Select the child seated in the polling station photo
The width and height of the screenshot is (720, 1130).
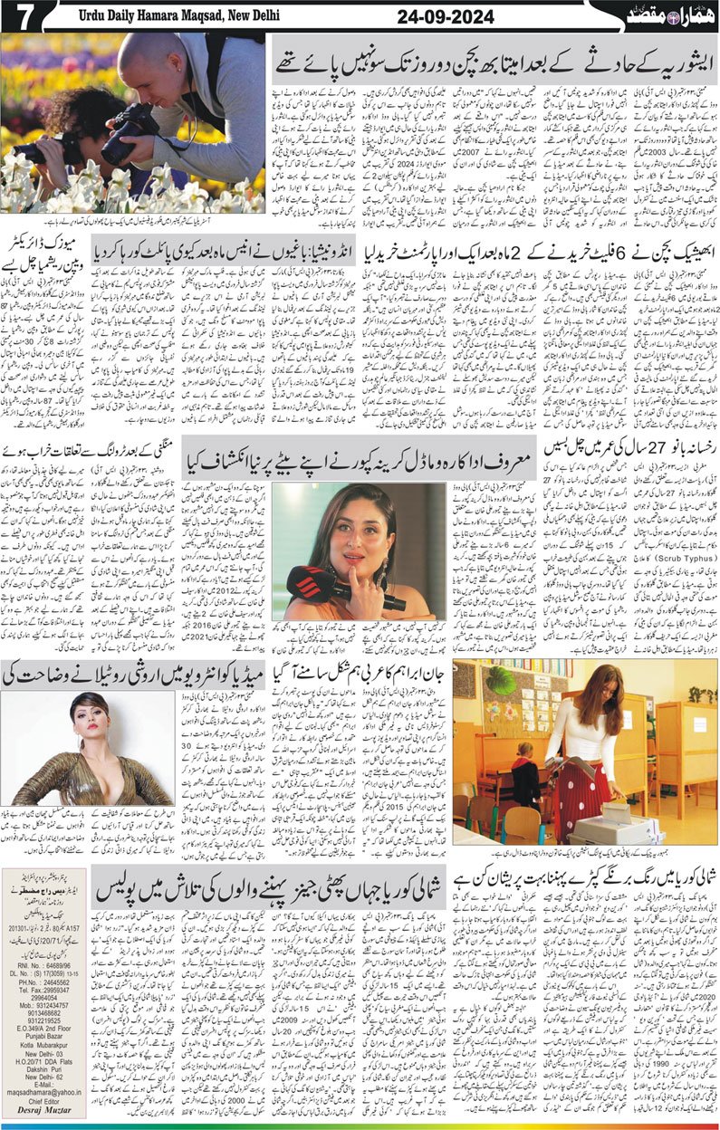click(x=526, y=769)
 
